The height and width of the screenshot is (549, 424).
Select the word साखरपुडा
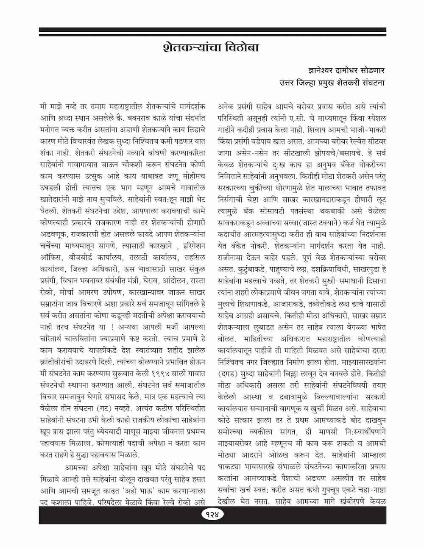361,267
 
